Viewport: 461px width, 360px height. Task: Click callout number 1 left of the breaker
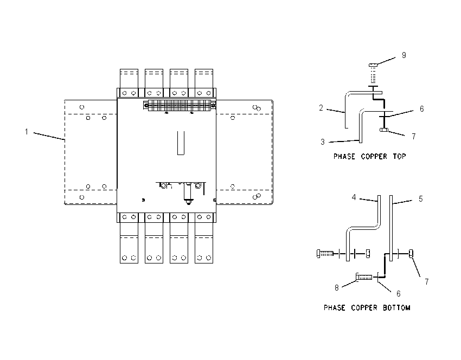pos(27,132)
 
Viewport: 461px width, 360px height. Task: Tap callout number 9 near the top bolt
pos(404,55)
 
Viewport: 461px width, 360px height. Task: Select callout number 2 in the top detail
pos(321,108)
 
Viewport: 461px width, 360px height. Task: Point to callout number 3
pos(323,142)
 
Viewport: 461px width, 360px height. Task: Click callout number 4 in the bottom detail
pos(354,197)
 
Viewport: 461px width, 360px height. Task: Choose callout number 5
pos(421,199)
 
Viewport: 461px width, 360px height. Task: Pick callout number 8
pos(337,288)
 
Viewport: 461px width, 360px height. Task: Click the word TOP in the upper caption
pos(399,156)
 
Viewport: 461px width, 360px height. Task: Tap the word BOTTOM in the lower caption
pos(396,308)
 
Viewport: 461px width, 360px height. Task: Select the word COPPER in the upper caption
pos(374,156)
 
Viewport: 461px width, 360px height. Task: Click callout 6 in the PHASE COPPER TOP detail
pos(421,109)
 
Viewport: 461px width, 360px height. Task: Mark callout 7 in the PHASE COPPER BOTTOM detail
pos(427,282)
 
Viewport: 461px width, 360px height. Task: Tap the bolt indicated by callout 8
pos(364,277)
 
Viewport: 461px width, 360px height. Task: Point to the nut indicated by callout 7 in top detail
pos(384,130)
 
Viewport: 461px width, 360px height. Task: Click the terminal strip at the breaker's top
pos(180,105)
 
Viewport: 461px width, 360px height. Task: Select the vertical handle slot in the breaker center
pos(181,143)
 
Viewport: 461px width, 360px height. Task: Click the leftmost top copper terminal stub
pos(129,79)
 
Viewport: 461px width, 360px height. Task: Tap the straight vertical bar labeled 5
pos(391,228)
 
